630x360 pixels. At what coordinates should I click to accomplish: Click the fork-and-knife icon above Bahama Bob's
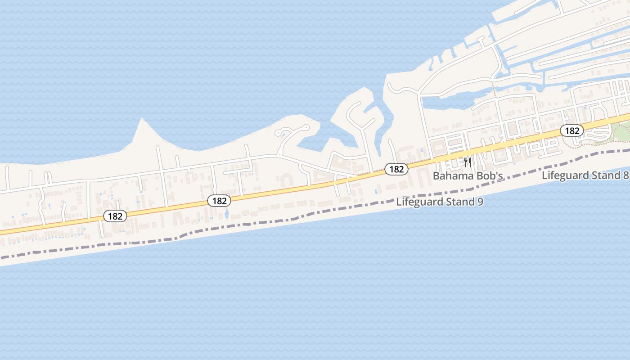(468, 162)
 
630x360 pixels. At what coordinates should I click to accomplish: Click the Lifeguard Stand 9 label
(440, 202)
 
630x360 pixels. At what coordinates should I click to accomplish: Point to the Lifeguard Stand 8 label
(585, 175)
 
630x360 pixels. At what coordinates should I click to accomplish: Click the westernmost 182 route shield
(115, 216)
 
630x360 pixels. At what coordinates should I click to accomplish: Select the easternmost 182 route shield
(571, 131)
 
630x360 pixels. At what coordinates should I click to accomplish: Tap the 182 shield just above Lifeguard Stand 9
(396, 169)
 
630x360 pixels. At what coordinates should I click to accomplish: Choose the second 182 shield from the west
(219, 201)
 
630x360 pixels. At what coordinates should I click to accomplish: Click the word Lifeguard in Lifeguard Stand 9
(418, 202)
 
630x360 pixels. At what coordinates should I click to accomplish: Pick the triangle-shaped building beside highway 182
(320, 179)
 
